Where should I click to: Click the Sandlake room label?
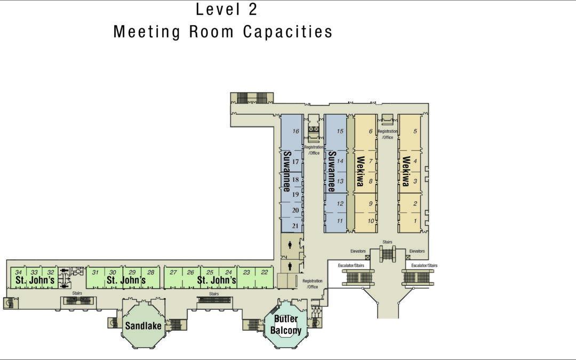[x=143, y=326]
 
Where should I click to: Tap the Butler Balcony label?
[x=286, y=325]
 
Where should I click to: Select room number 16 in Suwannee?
[x=295, y=131]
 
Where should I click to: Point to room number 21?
[x=295, y=226]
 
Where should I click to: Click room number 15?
[x=340, y=131]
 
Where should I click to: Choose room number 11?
[x=340, y=221]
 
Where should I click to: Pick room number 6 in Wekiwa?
[x=371, y=131]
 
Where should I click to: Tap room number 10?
[x=371, y=221]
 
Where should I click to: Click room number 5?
[x=415, y=131]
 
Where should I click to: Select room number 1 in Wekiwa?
[x=415, y=221]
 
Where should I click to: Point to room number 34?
[x=18, y=272]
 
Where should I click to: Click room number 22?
[x=265, y=272]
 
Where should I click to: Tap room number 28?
[x=150, y=272]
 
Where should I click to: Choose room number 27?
[x=173, y=272]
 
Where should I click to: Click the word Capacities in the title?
[x=287, y=31]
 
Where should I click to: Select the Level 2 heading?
[x=226, y=9]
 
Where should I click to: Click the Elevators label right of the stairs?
[x=417, y=251]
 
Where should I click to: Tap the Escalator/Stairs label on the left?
[x=351, y=265]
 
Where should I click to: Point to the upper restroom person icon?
[x=290, y=245]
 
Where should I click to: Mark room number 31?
[x=95, y=272]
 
